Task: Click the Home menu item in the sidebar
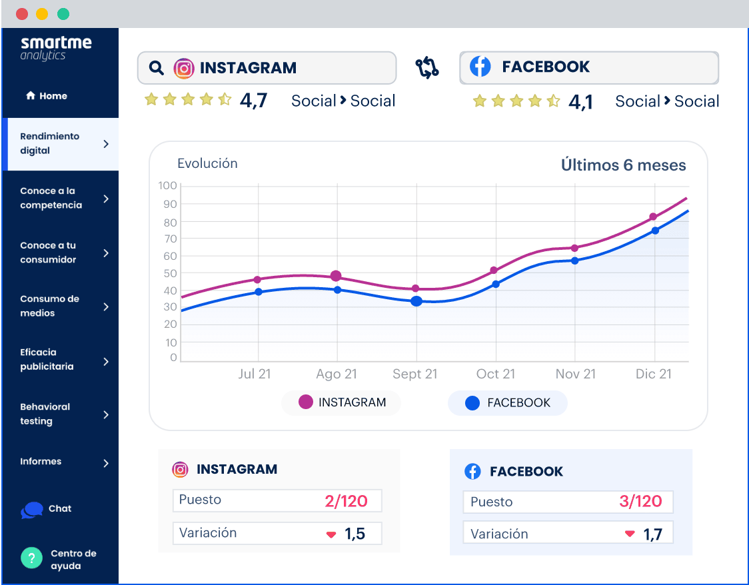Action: (47, 96)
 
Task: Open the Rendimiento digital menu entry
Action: (60, 144)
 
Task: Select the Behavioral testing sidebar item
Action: (60, 414)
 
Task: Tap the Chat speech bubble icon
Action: (32, 510)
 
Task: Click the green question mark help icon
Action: (31, 558)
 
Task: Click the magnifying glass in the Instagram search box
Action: (157, 68)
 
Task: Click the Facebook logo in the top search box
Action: (480, 67)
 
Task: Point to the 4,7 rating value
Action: (253, 101)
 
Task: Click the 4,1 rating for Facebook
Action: (580, 102)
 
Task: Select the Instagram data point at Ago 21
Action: (336, 276)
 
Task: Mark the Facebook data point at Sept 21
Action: (416, 301)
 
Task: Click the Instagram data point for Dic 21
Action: (653, 217)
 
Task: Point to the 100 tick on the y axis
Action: (168, 185)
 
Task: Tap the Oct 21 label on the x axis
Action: (495, 374)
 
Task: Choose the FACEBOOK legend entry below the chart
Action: (508, 403)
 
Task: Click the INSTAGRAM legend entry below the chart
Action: (342, 402)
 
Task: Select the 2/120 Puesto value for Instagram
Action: (345, 501)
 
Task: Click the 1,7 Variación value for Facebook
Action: (652, 534)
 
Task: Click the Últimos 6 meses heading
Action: (623, 165)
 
